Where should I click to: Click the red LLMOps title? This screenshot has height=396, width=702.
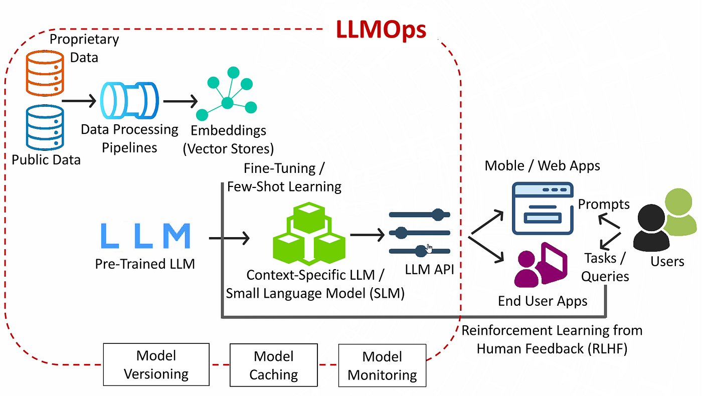pyautogui.click(x=381, y=30)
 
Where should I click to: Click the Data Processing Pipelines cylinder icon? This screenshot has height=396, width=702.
pyautogui.click(x=129, y=100)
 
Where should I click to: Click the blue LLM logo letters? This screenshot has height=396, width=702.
pyautogui.click(x=145, y=236)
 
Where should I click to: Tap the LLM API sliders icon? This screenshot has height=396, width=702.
pyautogui.click(x=419, y=233)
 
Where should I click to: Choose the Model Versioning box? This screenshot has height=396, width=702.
pyautogui.click(x=156, y=364)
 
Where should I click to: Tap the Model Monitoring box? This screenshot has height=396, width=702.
pyautogui.click(x=382, y=365)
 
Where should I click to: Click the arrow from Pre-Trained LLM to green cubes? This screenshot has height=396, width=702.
pyautogui.click(x=229, y=238)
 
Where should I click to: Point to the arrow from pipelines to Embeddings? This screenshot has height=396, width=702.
pyautogui.click(x=180, y=101)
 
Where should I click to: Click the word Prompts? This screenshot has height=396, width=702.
pyautogui.click(x=604, y=205)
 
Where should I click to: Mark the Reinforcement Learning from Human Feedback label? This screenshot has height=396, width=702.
pyautogui.click(x=552, y=339)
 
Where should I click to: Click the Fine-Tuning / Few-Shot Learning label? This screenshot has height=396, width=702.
pyautogui.click(x=284, y=177)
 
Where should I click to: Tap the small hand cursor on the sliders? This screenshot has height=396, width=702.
pyautogui.click(x=429, y=248)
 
